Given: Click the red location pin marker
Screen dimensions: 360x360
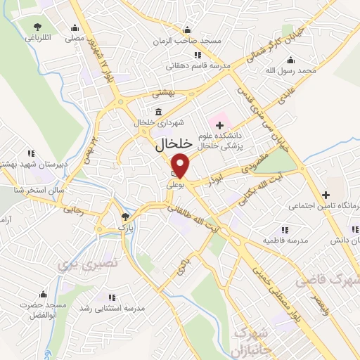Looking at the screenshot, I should point(181,166).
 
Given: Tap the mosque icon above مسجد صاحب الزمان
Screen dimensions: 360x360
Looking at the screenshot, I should point(186,30).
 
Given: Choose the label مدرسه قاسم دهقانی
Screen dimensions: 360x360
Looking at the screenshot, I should point(193,66).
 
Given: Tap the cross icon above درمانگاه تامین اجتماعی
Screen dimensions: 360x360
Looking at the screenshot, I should point(326,195).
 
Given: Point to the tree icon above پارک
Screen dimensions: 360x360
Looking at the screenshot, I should point(125,217).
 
